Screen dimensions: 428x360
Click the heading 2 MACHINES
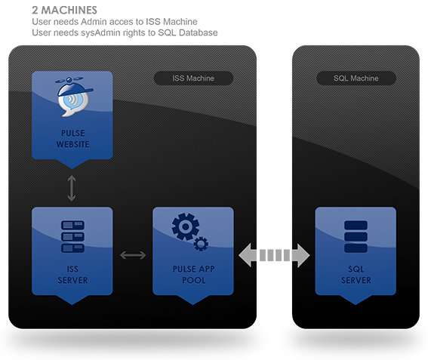click(64, 10)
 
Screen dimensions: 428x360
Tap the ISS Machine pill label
click(193, 78)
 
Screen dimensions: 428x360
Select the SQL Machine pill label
click(356, 78)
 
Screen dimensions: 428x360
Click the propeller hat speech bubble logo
click(74, 97)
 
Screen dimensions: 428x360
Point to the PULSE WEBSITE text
click(72, 139)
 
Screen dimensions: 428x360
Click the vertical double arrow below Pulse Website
click(72, 188)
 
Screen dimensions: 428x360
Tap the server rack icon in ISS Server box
click(72, 236)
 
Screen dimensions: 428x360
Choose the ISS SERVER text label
click(72, 275)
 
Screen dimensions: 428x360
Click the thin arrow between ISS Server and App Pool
click(133, 255)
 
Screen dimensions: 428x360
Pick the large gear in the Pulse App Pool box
click(186, 226)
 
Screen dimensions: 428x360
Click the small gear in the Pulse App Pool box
click(201, 244)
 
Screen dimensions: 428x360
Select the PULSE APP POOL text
click(193, 275)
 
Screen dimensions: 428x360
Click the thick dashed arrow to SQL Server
click(274, 255)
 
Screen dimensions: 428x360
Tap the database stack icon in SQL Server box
click(356, 236)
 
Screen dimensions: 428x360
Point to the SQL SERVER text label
click(356, 275)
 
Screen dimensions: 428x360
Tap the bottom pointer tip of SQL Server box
click(356, 305)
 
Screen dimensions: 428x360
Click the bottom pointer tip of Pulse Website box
click(72, 169)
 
